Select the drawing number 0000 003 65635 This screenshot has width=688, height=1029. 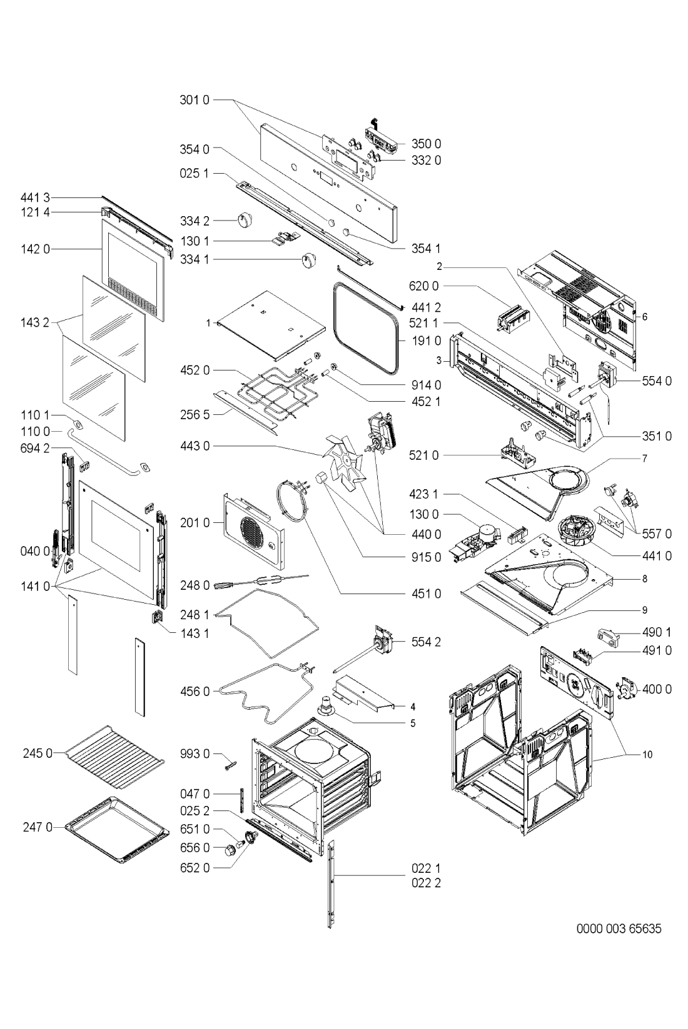[x=618, y=929]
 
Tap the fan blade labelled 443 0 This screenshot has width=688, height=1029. [x=343, y=462]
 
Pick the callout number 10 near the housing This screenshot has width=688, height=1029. [x=647, y=755]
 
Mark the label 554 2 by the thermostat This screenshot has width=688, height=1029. [x=427, y=642]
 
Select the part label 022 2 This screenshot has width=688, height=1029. [x=427, y=883]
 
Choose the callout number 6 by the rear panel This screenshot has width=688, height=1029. [x=645, y=317]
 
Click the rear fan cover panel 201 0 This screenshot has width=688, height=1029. [x=253, y=530]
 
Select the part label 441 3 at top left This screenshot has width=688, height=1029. [x=38, y=197]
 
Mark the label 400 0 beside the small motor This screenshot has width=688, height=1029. [x=657, y=689]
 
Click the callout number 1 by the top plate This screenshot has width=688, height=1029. [x=208, y=323]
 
